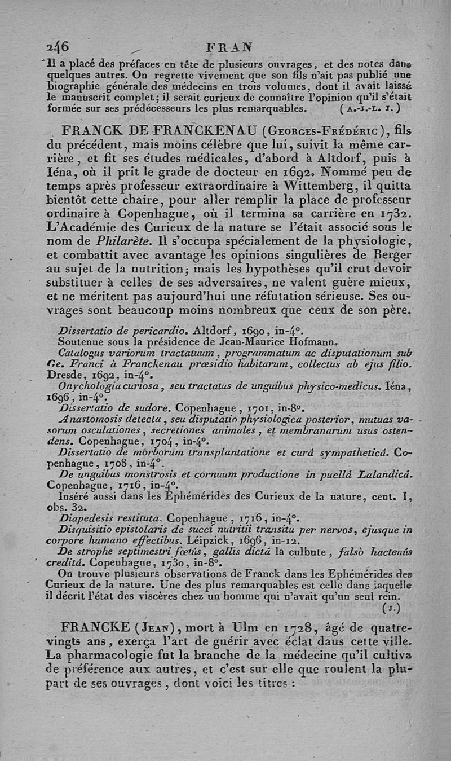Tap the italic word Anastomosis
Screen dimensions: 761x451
(x=90, y=417)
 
